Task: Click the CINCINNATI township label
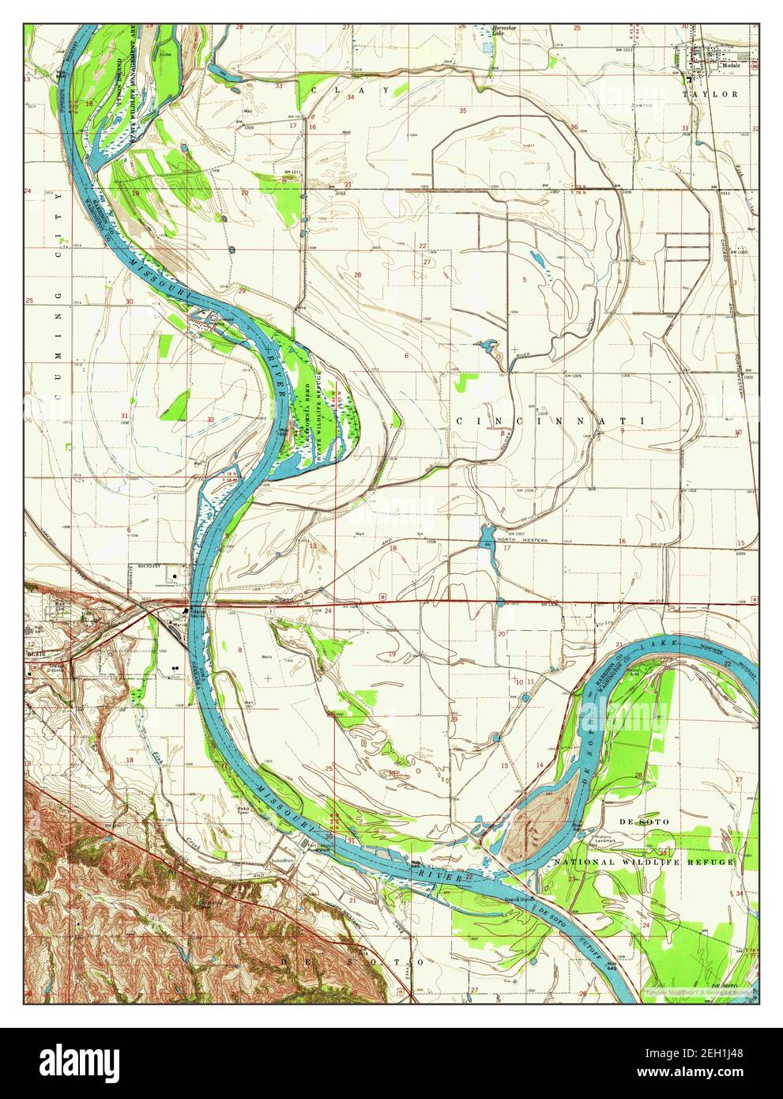(550, 421)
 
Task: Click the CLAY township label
(351, 90)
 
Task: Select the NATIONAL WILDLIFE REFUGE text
(643, 862)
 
